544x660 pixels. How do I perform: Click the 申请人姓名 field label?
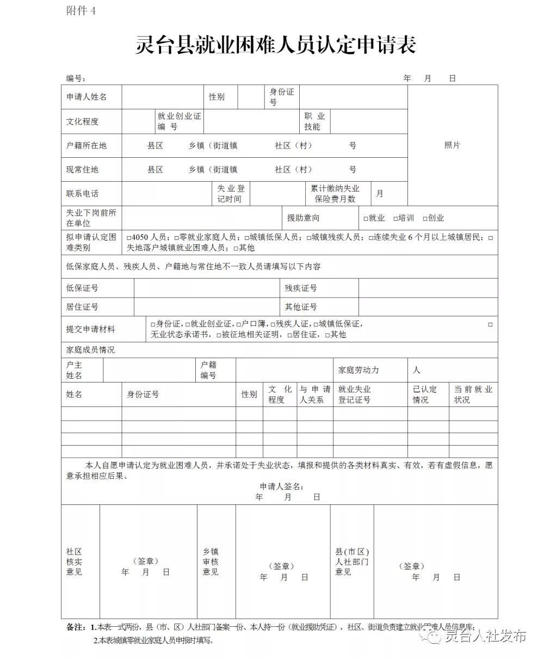(x=86, y=97)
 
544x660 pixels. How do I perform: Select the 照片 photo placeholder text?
(x=452, y=145)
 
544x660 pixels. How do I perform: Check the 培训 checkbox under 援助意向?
(x=395, y=218)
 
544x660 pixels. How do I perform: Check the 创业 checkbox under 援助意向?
(x=425, y=218)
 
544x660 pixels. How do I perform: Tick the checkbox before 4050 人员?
(x=129, y=238)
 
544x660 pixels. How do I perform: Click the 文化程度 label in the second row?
(x=83, y=121)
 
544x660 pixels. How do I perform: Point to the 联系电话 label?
(x=83, y=193)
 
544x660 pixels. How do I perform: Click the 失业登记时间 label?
(x=231, y=194)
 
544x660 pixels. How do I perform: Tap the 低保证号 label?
(x=83, y=288)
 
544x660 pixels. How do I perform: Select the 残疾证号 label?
(x=301, y=288)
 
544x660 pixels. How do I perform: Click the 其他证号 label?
(x=301, y=307)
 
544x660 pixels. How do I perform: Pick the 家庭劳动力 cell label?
(x=358, y=370)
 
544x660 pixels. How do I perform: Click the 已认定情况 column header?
(x=424, y=394)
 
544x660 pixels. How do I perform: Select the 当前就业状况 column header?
(x=473, y=394)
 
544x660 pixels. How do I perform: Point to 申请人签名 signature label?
(x=281, y=486)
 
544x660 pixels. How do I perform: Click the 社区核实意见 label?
(x=74, y=562)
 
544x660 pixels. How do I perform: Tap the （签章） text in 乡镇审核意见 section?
(x=281, y=566)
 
